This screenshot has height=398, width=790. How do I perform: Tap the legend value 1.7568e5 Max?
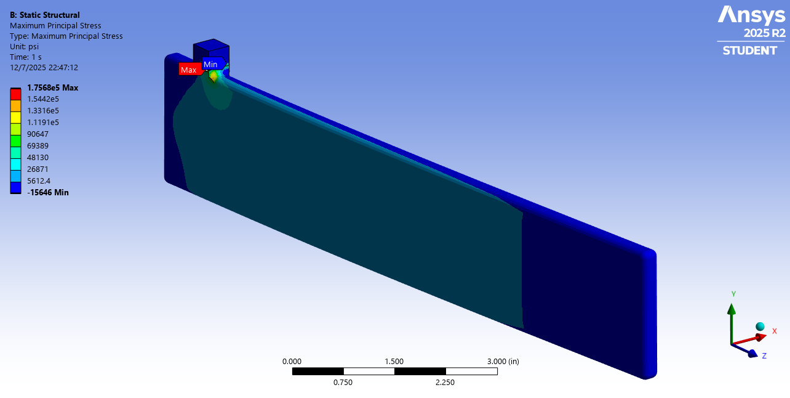(52, 87)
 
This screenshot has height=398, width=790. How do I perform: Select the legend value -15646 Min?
(47, 192)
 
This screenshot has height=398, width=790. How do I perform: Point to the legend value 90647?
(38, 134)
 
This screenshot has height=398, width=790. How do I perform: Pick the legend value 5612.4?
(38, 181)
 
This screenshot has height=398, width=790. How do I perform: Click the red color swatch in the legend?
(15, 94)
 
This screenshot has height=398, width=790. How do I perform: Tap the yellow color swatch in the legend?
(15, 117)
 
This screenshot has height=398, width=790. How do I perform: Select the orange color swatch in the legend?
(15, 105)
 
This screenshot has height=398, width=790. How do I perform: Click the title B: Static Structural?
(45, 15)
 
